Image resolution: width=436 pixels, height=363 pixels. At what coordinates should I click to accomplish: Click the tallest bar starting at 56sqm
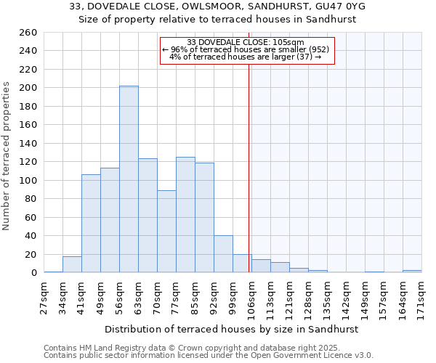(x=129, y=179)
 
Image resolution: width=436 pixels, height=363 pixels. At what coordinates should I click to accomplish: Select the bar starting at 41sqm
(x=91, y=224)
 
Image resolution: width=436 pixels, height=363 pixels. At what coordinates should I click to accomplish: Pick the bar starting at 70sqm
(x=166, y=232)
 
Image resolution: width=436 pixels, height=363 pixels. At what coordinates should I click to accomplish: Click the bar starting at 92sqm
(x=223, y=254)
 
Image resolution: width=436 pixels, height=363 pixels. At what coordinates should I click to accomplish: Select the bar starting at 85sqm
(x=204, y=218)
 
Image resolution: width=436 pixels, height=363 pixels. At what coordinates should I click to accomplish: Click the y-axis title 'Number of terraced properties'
(x=7, y=156)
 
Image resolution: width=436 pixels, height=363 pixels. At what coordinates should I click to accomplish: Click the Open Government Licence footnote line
(x=209, y=356)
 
